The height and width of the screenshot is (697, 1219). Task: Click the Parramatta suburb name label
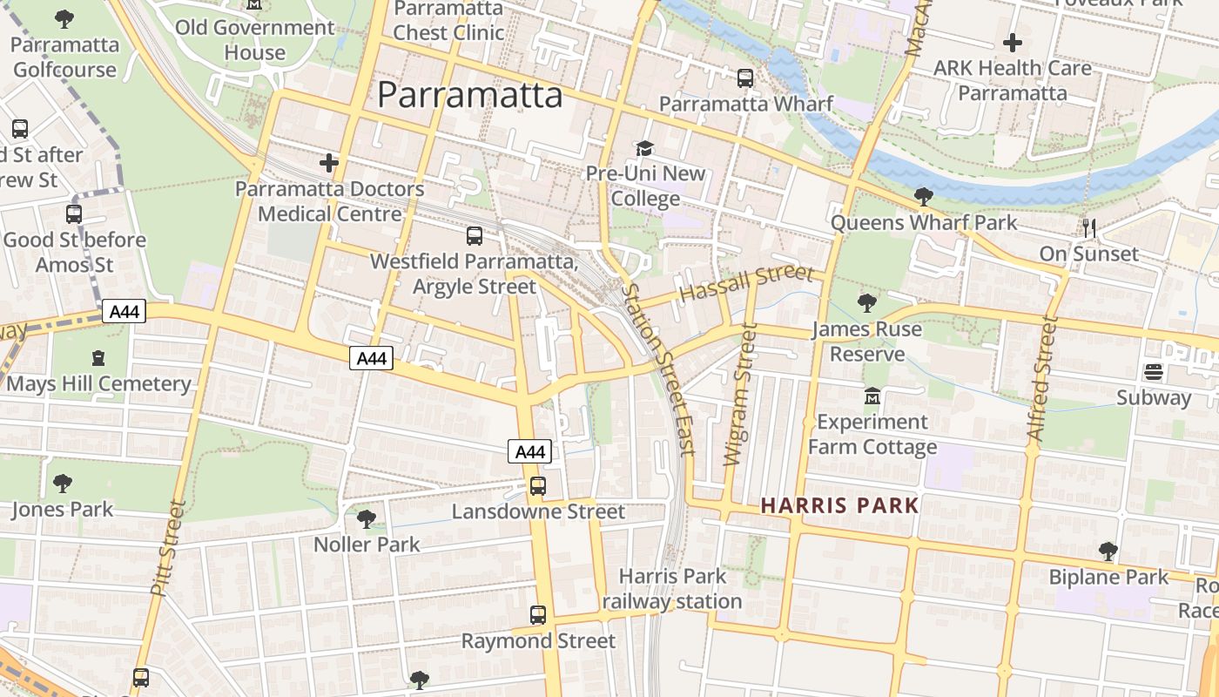tap(470, 94)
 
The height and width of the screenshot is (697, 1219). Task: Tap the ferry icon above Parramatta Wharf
tap(745, 78)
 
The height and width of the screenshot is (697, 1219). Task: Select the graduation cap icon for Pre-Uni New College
tap(644, 148)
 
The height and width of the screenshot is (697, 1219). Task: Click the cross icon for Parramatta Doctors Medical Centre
tap(329, 163)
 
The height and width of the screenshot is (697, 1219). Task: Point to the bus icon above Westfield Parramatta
tap(475, 235)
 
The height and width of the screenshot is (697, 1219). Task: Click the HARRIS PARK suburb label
tap(840, 505)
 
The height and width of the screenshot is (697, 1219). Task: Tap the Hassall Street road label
tap(746, 283)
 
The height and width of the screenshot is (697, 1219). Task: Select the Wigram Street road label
tap(737, 394)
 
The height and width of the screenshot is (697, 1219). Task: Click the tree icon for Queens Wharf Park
tap(924, 197)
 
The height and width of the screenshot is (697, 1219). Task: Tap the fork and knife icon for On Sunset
tap(1089, 228)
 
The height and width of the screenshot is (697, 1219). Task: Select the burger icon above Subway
tap(1154, 373)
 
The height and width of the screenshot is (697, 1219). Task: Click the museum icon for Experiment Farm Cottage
tap(872, 397)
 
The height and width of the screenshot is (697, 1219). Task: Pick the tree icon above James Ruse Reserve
tap(866, 303)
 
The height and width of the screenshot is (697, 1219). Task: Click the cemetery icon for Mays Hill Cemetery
tap(98, 358)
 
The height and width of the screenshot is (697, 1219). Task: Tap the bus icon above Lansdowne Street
tap(538, 486)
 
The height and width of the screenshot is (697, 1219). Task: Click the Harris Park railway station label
tap(671, 588)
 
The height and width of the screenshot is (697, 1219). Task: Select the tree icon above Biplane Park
tap(1108, 552)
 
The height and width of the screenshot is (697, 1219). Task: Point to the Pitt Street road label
tap(169, 547)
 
